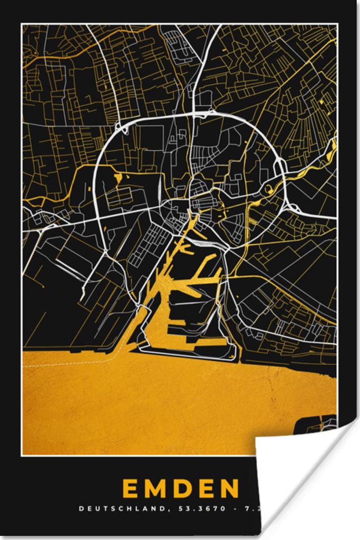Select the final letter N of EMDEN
(x=230, y=489)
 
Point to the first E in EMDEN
(x=131, y=489)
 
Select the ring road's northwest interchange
(x=121, y=128)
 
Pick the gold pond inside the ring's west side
(x=118, y=178)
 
